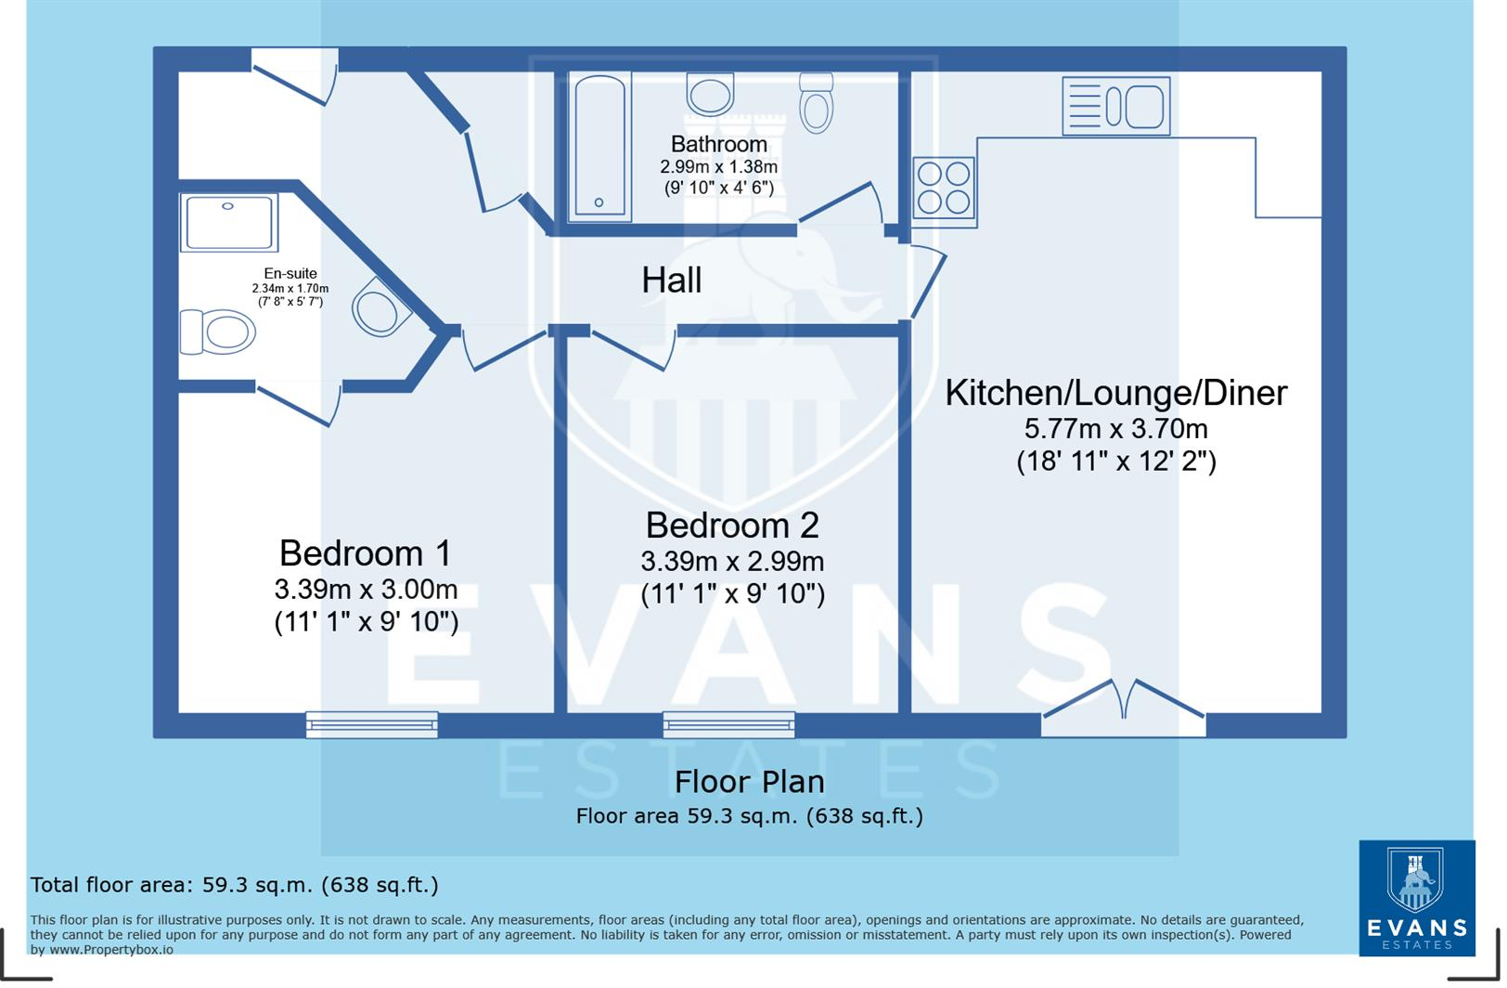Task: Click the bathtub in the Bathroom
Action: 600,147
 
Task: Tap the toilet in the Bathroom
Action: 816,103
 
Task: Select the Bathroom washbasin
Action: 710,94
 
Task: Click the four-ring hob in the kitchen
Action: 944,188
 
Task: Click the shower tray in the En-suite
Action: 228,222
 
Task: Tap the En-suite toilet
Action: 218,331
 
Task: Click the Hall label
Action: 671,280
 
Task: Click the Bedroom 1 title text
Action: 365,553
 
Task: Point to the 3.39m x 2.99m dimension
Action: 732,562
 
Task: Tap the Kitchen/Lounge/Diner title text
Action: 1115,393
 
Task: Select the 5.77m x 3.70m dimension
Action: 1115,429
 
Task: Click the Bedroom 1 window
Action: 372,723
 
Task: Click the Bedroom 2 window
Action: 728,723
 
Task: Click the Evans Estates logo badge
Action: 1416,897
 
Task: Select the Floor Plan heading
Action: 749,782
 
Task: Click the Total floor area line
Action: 234,885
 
